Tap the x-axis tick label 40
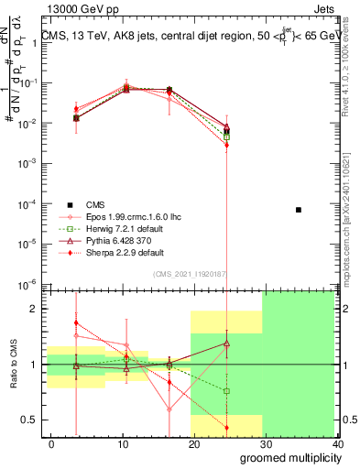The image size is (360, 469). coord(338,443)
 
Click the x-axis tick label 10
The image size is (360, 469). coord(123,443)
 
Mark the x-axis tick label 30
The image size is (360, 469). coord(267,443)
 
